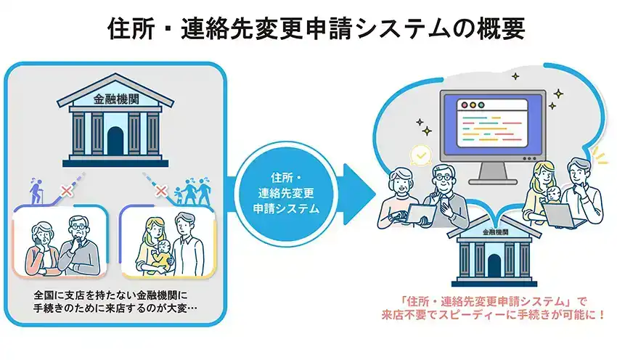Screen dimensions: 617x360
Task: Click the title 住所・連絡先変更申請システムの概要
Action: [x=316, y=28]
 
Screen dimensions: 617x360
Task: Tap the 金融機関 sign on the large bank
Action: [x=116, y=99]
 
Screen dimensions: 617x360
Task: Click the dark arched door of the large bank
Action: [x=115, y=141]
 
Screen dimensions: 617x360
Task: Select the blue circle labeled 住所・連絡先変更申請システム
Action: [x=286, y=194]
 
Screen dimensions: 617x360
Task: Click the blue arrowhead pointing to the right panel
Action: [x=359, y=194]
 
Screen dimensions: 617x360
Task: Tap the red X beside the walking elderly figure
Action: [x=67, y=191]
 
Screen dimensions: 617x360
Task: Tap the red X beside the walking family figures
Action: [x=161, y=191]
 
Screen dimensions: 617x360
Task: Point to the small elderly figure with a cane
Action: [x=36, y=191]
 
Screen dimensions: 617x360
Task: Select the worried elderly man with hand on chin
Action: [x=81, y=246]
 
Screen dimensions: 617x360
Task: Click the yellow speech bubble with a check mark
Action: [x=421, y=156]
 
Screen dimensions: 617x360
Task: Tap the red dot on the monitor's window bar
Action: [x=465, y=105]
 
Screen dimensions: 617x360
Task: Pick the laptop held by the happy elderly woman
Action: [x=421, y=214]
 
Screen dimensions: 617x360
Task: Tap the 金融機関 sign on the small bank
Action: [x=495, y=232]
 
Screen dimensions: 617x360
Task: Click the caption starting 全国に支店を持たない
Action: [x=115, y=301]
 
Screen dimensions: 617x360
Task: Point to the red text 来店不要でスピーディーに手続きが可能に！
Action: [x=493, y=315]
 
